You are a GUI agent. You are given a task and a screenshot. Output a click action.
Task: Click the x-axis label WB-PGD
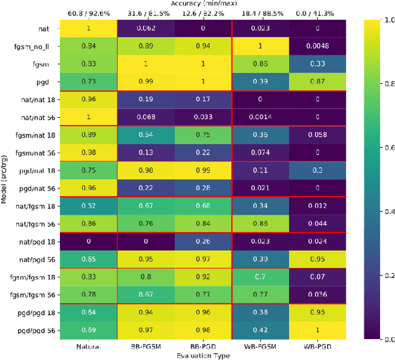coord(317,346)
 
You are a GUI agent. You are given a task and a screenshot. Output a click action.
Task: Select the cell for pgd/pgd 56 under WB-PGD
coord(317,330)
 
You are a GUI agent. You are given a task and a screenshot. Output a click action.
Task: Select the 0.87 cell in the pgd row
coord(317,81)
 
